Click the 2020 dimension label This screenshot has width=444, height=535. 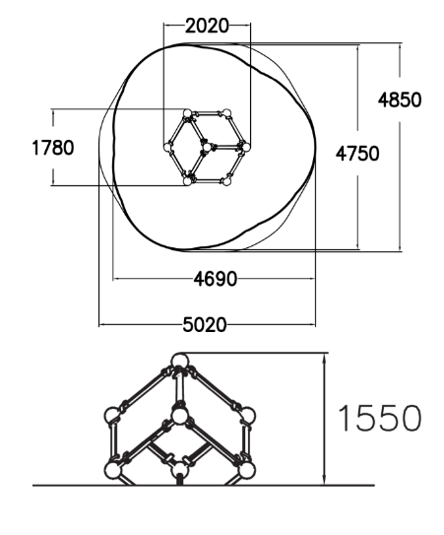coord(207,27)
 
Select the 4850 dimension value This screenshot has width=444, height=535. coord(400,100)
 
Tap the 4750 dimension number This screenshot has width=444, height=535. coord(357,154)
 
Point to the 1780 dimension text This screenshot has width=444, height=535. coord(52,148)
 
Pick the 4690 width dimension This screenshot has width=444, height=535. coord(216,279)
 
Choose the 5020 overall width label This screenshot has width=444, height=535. coord(205,325)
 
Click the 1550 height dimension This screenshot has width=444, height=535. coord(379,418)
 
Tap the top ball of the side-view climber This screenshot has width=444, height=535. coord(179,362)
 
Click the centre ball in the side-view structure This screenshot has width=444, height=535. coord(179,416)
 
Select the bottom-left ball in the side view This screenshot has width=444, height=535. coord(113,470)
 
